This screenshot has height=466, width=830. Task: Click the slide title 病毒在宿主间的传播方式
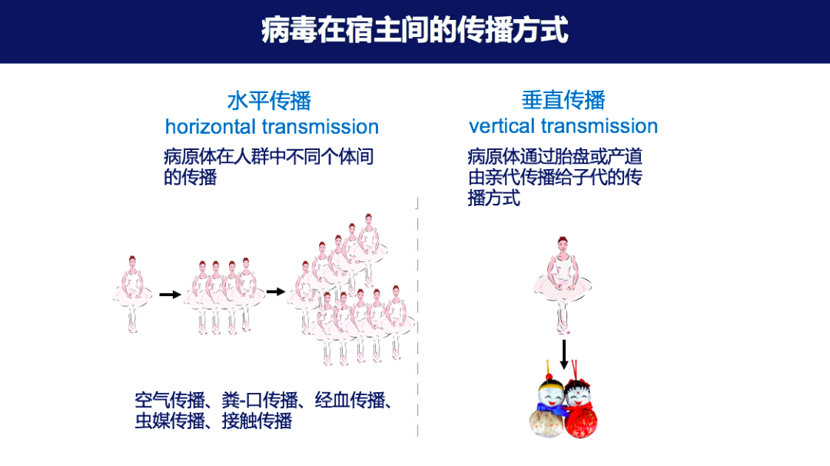click(414, 31)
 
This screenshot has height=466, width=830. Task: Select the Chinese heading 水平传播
click(269, 101)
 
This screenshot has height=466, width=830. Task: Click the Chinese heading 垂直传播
click(563, 100)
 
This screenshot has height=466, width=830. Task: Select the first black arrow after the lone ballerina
click(170, 294)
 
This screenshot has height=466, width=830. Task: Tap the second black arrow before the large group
click(275, 291)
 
